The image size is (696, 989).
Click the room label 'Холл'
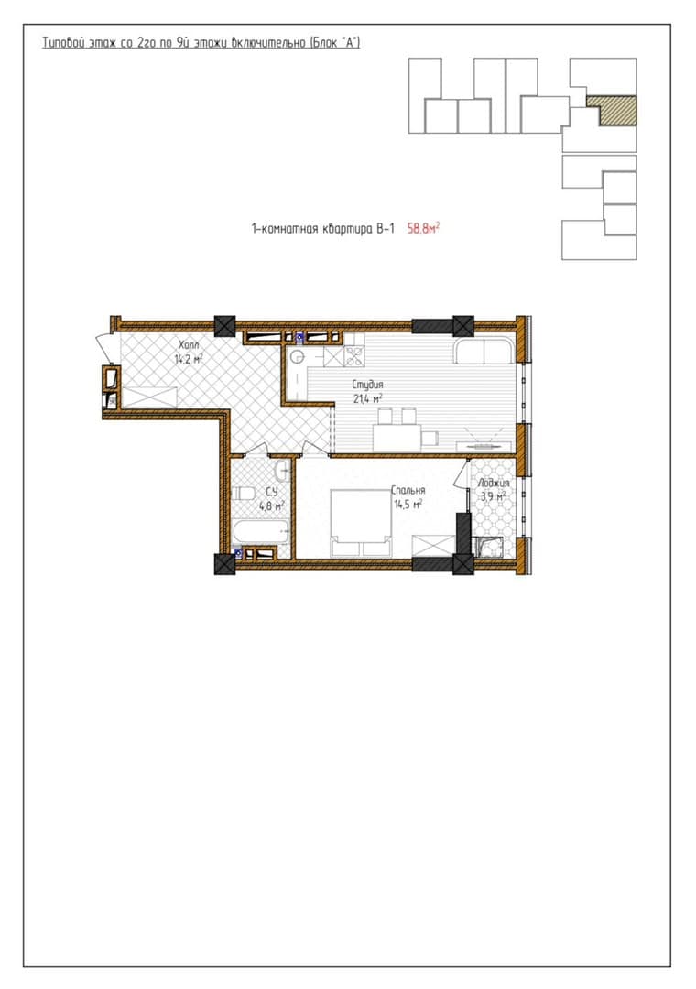[188, 345]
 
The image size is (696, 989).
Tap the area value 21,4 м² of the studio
[368, 398]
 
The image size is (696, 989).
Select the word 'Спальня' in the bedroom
[408, 490]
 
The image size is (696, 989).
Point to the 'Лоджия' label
[493, 484]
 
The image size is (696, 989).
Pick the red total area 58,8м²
[423, 228]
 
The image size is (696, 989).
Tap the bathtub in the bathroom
[261, 532]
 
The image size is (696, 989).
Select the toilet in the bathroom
[243, 494]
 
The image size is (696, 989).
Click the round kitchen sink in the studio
[298, 358]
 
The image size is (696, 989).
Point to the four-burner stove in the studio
[354, 357]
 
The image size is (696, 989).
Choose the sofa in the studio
[484, 352]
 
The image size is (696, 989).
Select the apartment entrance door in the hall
[104, 350]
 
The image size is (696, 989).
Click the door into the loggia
[462, 473]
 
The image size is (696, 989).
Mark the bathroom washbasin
[283, 470]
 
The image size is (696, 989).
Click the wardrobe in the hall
[149, 397]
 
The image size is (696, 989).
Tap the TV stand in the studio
[484, 446]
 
